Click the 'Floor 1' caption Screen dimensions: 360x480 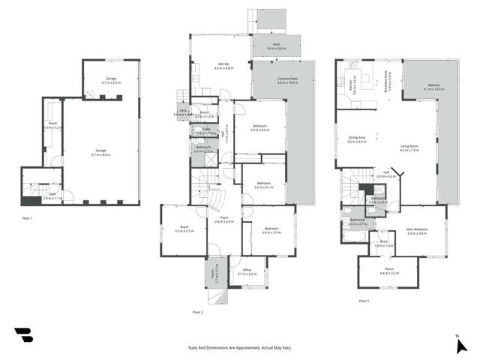[27, 217]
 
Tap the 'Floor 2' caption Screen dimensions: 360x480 [197, 311]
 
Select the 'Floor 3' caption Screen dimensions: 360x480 [363, 301]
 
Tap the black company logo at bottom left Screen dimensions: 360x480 [24, 335]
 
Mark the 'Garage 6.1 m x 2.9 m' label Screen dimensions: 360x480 [110, 80]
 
